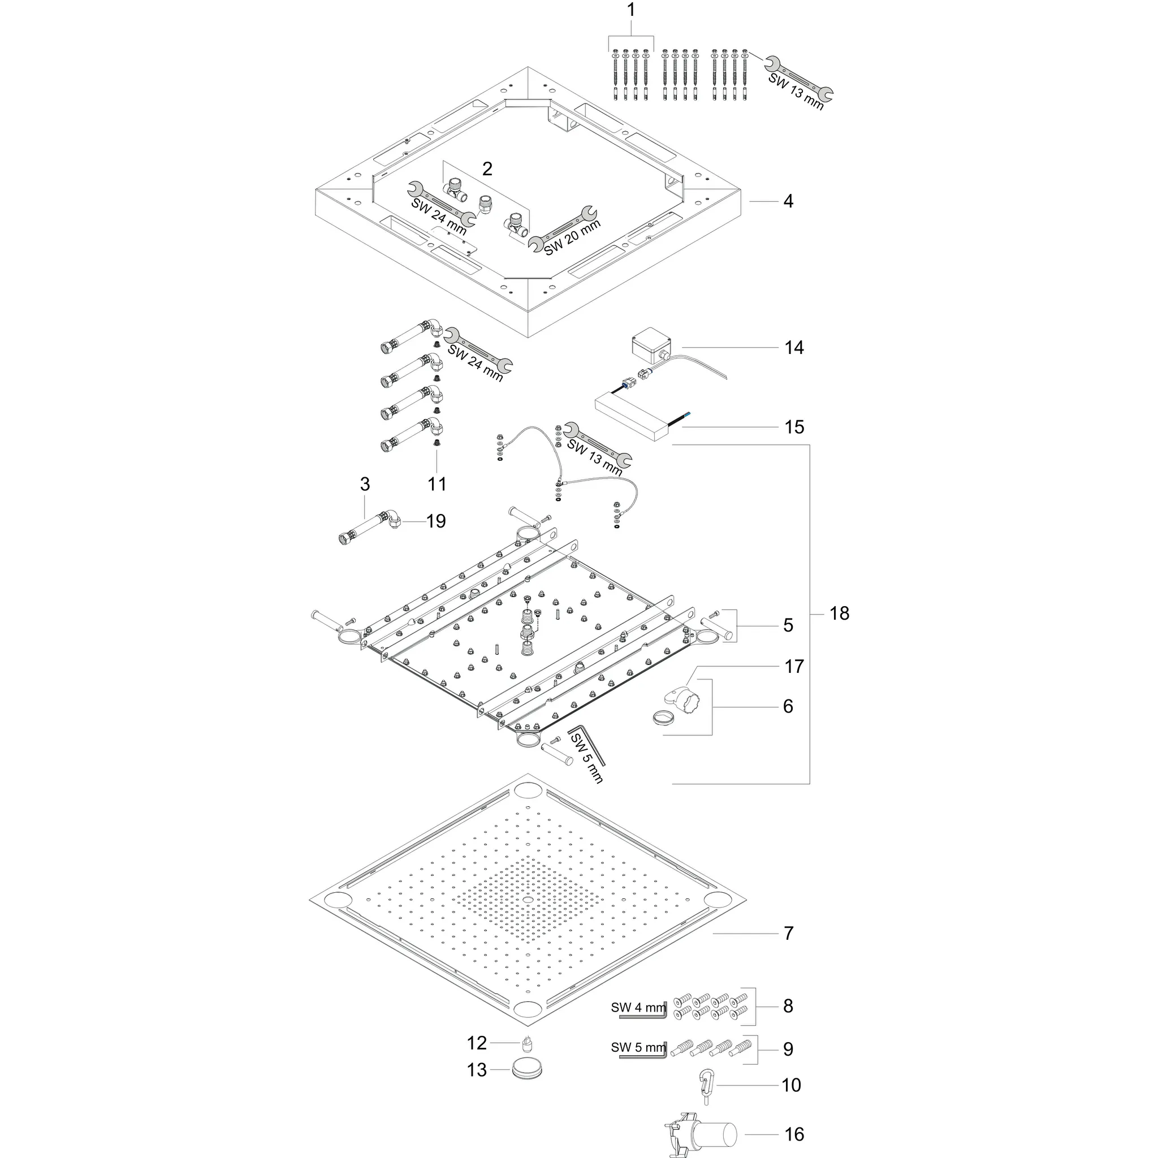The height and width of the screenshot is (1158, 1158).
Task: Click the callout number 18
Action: [839, 613]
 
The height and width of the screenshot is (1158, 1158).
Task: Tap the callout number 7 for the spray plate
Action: [788, 933]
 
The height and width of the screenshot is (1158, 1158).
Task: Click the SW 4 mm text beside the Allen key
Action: [638, 1007]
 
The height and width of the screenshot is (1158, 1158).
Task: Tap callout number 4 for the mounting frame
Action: [788, 201]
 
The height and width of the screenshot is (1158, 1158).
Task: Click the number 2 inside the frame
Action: [487, 169]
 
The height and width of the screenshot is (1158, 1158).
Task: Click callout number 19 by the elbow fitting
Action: [436, 521]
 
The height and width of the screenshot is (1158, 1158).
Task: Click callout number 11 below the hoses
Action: [437, 483]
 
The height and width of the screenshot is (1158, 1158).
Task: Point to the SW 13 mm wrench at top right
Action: [799, 84]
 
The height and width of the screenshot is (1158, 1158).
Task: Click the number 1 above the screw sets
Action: [630, 10]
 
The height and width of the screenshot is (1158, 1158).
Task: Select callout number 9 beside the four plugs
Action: [788, 1049]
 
